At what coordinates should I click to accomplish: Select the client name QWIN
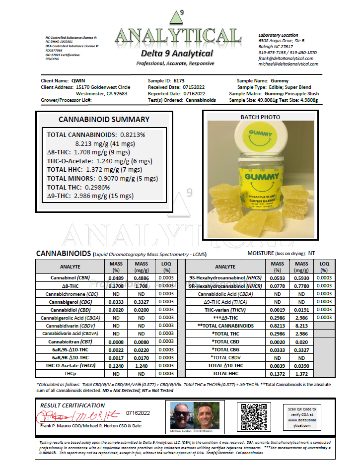pyautogui.click(x=78, y=80)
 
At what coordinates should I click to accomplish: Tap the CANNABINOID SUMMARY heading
pyautogui.click(x=104, y=120)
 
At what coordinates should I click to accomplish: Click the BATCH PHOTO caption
pyautogui.click(x=260, y=118)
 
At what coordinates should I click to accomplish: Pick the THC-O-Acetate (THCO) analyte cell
pyautogui.click(x=70, y=365)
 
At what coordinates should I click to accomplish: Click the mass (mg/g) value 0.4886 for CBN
pyautogui.click(x=141, y=278)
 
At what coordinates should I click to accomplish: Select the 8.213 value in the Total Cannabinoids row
pyautogui.click(x=301, y=326)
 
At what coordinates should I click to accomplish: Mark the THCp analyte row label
pyautogui.click(x=70, y=373)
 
